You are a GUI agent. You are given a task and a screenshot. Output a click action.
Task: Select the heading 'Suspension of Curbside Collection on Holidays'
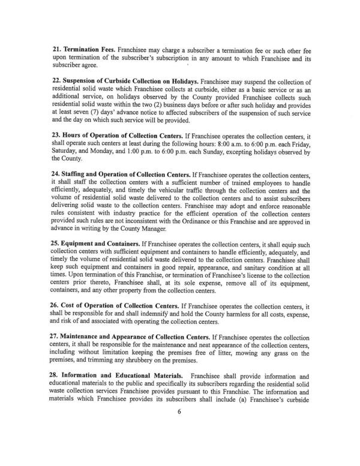pos(128,79)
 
